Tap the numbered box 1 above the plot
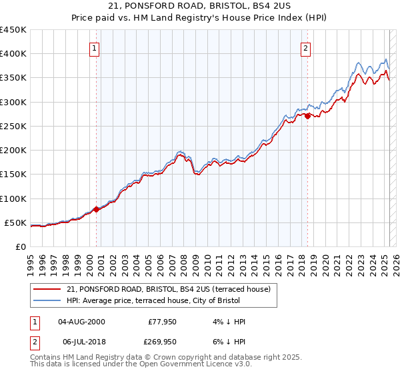point(95,48)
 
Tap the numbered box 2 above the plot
point(306,48)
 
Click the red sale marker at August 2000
point(96,209)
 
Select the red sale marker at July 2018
point(307,117)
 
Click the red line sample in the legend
point(48,289)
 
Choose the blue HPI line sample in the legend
point(48,301)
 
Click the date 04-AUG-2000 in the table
point(81,322)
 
